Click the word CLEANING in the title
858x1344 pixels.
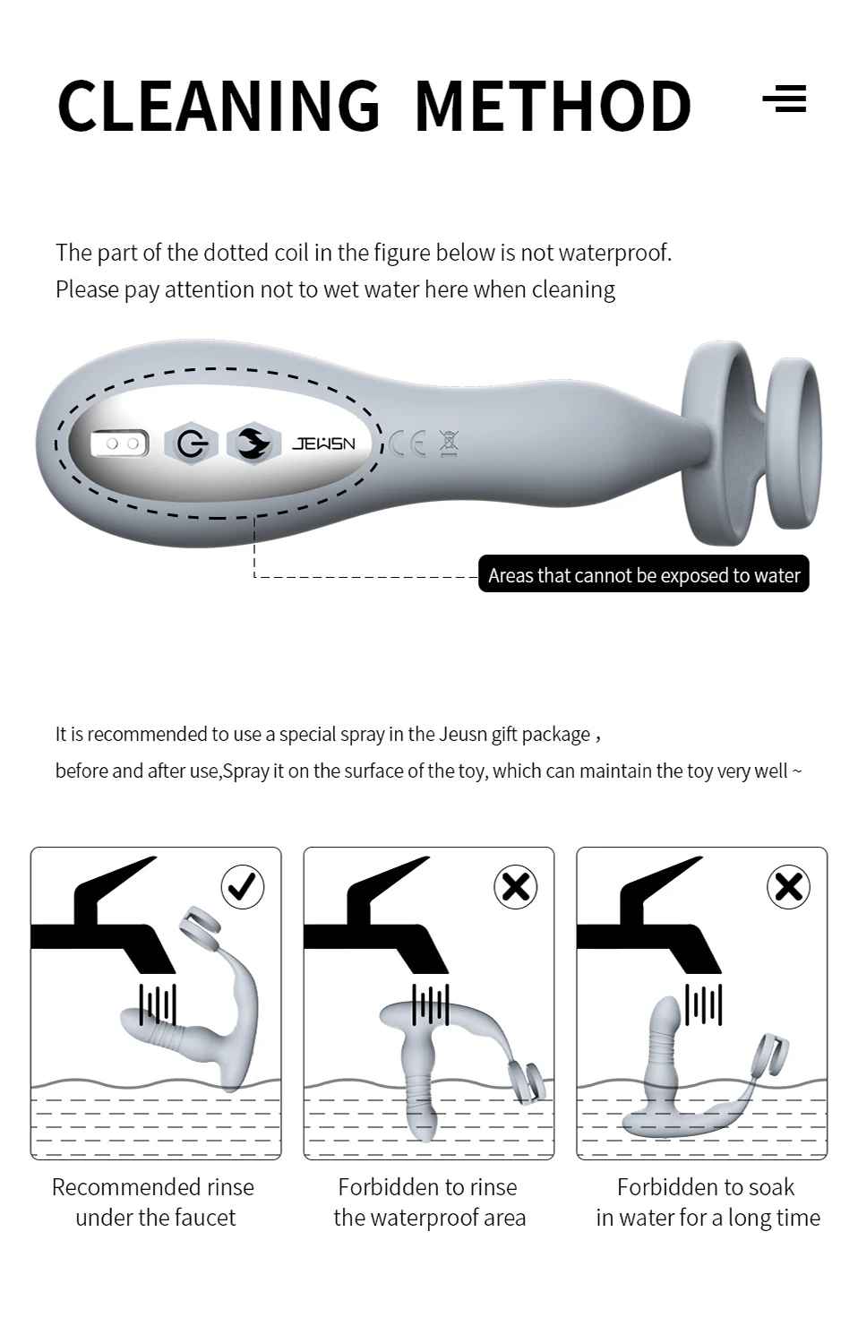pos(219,105)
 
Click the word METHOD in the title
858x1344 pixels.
pos(553,106)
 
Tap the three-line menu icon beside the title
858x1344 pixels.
pos(785,99)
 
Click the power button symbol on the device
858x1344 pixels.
pos(192,444)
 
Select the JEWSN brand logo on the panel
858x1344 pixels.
pos(324,444)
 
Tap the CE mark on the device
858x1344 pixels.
pos(408,444)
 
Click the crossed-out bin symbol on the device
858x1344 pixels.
pos(449,444)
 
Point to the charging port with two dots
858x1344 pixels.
pos(120,444)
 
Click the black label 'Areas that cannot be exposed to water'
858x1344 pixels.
pos(643,574)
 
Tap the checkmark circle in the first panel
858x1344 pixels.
pos(242,887)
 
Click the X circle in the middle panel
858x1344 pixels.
pos(515,887)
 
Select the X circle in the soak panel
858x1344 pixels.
pos(788,887)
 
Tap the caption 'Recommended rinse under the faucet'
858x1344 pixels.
pos(153,1202)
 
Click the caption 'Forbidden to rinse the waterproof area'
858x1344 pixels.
pos(429,1202)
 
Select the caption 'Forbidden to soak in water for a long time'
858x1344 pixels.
pos(708,1202)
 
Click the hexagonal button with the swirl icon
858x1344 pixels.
pos(254,444)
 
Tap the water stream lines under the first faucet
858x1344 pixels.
pos(158,1004)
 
